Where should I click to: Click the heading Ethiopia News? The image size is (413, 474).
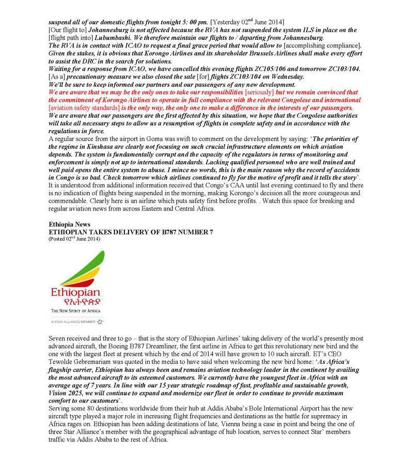tap(70, 225)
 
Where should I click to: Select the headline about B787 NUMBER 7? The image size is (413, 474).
tap(131, 232)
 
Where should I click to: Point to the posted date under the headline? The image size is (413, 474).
tap(74, 239)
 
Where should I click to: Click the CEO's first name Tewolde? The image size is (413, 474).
tap(65, 362)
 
